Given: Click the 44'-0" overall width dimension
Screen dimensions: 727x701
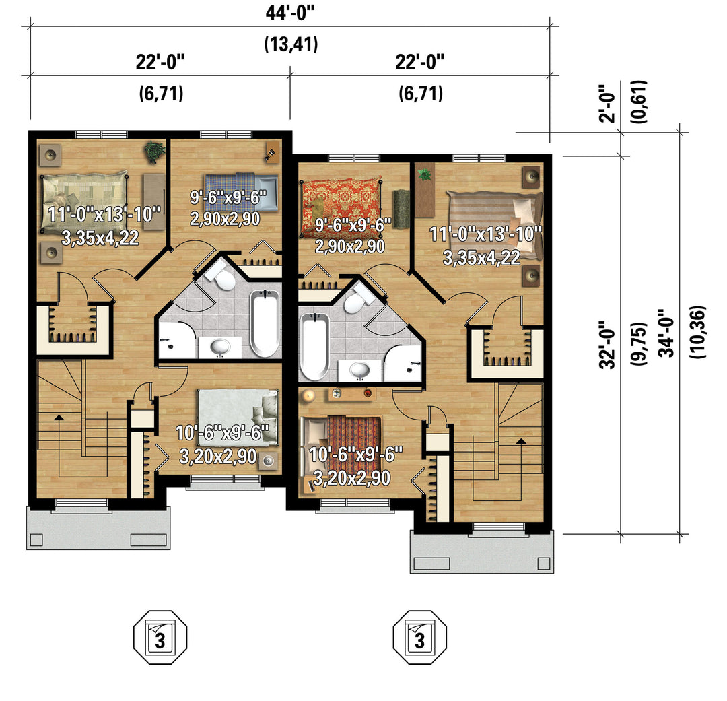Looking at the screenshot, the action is tap(290, 13).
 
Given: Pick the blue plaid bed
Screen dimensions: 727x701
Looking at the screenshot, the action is tap(240, 192).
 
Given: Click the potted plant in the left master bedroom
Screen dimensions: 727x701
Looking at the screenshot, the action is tap(154, 152).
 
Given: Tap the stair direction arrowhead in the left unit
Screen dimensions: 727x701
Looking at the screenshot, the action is tap(59, 418).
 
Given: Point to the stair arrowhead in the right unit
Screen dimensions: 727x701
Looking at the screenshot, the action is tap(520, 441).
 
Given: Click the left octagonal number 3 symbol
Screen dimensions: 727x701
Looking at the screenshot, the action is tap(160, 637).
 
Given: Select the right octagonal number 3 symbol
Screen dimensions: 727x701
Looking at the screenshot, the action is tap(419, 637).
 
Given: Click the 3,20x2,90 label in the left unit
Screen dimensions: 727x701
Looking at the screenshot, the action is tap(218, 457).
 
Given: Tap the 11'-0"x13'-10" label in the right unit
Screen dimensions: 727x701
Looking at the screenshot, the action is tap(486, 234).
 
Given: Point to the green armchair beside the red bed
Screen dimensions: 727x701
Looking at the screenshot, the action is tap(400, 209).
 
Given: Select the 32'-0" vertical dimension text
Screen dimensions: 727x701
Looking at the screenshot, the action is tap(608, 344).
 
